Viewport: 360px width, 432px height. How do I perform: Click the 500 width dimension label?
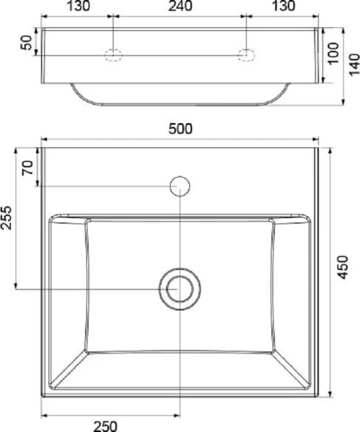click(x=180, y=129)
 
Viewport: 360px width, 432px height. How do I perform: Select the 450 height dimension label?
click(x=343, y=266)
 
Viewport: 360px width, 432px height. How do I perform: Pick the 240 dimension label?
click(x=180, y=6)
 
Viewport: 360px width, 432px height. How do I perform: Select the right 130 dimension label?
click(x=284, y=6)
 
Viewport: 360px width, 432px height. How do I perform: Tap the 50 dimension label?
click(x=27, y=42)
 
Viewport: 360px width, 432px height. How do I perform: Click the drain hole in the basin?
click(x=178, y=289)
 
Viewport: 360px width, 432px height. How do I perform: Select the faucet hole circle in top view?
click(x=179, y=186)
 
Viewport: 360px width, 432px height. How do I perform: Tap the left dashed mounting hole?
click(x=114, y=55)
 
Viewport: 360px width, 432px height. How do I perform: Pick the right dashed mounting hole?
click(x=246, y=55)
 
